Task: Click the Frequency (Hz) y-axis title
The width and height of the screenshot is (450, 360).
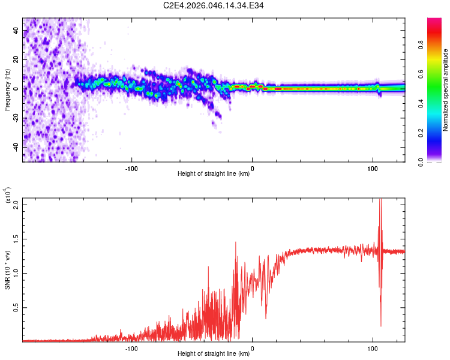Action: pyautogui.click(x=7, y=89)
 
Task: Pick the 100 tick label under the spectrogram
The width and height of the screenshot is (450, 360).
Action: pyautogui.click(x=373, y=167)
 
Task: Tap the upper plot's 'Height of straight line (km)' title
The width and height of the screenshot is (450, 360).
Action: pyautogui.click(x=214, y=174)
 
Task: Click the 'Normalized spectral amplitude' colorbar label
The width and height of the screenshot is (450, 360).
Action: pyautogui.click(x=446, y=90)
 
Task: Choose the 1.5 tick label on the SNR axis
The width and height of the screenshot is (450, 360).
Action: pyautogui.click(x=16, y=238)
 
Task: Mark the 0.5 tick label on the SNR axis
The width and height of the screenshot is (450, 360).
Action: pyautogui.click(x=16, y=307)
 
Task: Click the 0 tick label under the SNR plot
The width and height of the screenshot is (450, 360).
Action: pyautogui.click(x=252, y=347)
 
